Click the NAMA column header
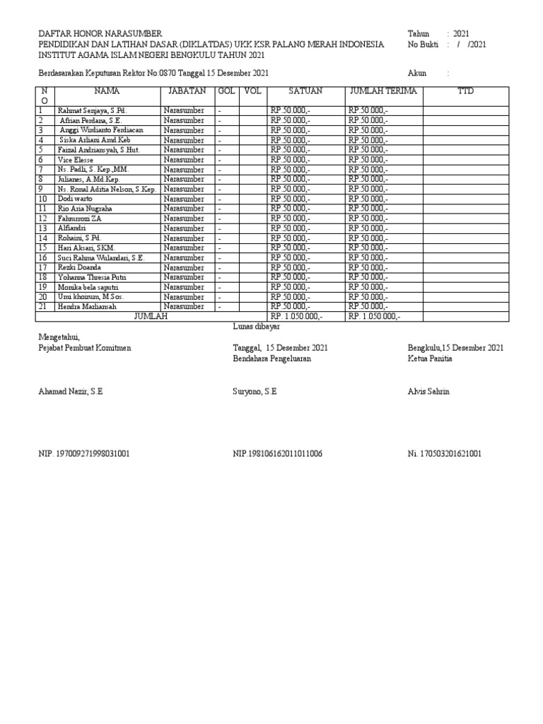107,92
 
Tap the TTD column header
465,92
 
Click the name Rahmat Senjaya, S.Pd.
88,111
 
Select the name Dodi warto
76,199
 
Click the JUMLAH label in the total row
151,317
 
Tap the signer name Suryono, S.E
255,392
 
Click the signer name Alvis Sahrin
428,392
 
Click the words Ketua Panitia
430,358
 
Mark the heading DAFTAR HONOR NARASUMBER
99,34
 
